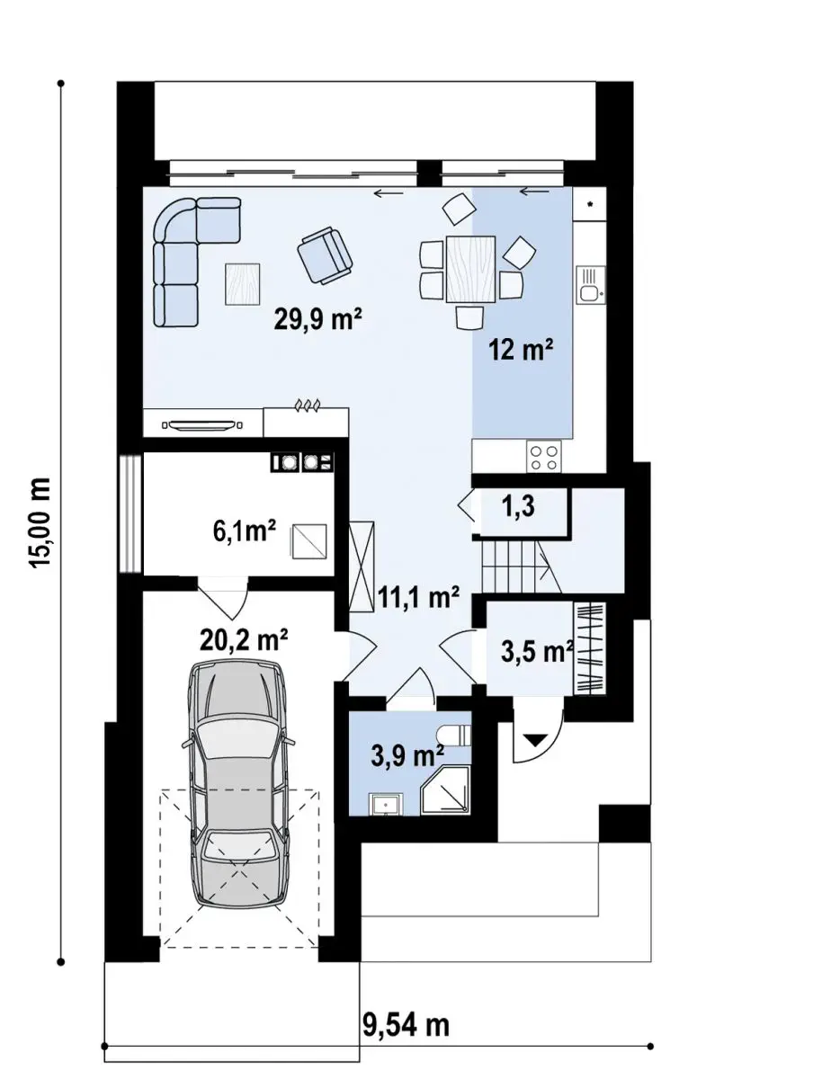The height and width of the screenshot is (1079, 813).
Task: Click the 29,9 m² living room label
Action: pos(317,319)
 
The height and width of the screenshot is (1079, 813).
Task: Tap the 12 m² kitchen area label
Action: pos(521,350)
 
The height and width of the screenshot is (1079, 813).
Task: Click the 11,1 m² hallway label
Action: pos(419,597)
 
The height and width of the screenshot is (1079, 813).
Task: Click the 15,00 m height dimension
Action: pos(40,522)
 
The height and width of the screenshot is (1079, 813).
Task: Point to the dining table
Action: pos(470,268)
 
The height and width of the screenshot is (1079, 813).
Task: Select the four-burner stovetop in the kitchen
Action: pos(543,457)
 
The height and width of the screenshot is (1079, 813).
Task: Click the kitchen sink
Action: pos(590,285)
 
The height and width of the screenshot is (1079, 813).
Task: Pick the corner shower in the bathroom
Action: pos(446,790)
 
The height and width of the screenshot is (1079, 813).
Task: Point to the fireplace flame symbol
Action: pos(307,405)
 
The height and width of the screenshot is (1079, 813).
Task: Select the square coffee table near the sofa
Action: pos(242,284)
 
